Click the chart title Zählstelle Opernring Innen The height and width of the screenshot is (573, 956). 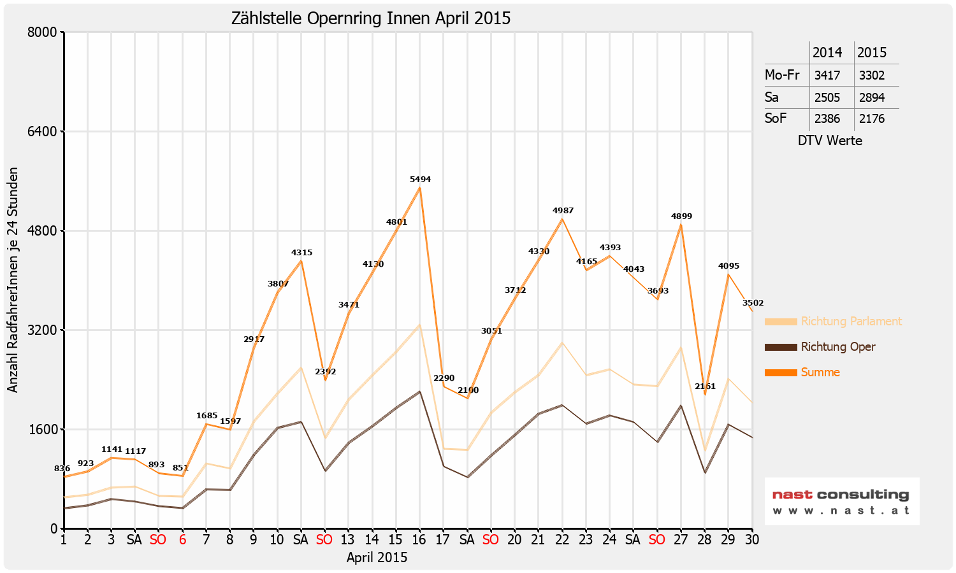pyautogui.click(x=371, y=18)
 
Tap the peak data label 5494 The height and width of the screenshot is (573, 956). pyautogui.click(x=420, y=180)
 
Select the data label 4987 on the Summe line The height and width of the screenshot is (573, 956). pyautogui.click(x=562, y=211)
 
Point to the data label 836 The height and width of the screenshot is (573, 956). pyautogui.click(x=62, y=469)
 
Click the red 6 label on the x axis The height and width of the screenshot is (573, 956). pyautogui.click(x=182, y=540)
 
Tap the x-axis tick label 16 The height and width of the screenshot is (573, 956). pyautogui.click(x=419, y=540)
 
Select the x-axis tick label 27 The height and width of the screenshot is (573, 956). pyautogui.click(x=681, y=540)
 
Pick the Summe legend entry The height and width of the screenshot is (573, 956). pyautogui.click(x=820, y=372)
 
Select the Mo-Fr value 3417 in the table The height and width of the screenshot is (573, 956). pyautogui.click(x=827, y=75)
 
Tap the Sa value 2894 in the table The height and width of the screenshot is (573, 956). pyautogui.click(x=871, y=97)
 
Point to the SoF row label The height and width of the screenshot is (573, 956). pyautogui.click(x=776, y=118)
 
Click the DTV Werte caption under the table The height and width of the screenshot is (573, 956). pyautogui.click(x=830, y=141)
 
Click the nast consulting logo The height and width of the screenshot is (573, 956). pyautogui.click(x=841, y=502)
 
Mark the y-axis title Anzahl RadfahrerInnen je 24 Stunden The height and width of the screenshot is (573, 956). pyautogui.click(x=13, y=280)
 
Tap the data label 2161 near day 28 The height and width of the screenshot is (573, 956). pyautogui.click(x=705, y=386)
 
